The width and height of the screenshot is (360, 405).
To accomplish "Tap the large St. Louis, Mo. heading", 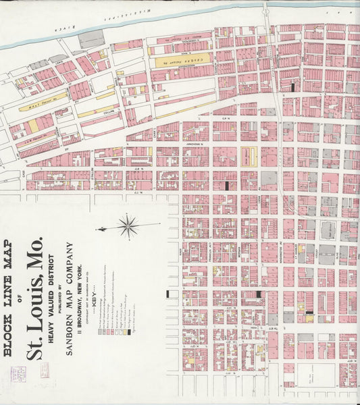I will (36, 297).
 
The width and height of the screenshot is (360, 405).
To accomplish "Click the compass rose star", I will (128, 226).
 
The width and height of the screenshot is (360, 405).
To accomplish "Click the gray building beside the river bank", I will (91, 40).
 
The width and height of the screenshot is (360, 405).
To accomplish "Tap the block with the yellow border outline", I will (249, 157).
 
